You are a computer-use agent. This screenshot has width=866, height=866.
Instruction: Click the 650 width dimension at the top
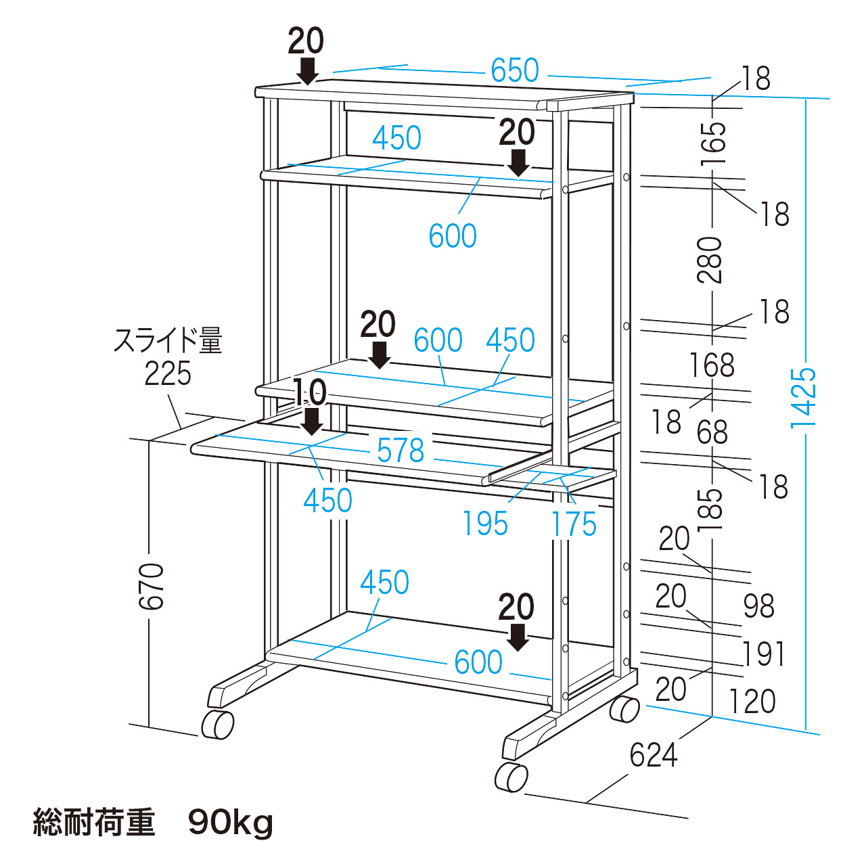click(x=515, y=70)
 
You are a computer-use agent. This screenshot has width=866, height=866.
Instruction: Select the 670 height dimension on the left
click(x=152, y=586)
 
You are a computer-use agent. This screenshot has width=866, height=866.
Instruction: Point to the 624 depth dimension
click(x=653, y=756)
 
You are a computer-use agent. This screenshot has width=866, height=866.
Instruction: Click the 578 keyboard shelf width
click(x=401, y=451)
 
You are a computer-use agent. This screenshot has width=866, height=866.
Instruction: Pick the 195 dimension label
click(x=484, y=524)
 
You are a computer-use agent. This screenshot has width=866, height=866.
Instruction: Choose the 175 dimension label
click(x=574, y=524)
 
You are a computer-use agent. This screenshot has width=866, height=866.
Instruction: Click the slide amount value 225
click(x=168, y=373)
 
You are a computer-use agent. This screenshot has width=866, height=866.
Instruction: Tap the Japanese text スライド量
click(x=168, y=341)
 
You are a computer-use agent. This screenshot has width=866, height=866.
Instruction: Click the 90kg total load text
click(x=231, y=823)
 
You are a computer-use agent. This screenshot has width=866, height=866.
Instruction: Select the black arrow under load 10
click(x=311, y=421)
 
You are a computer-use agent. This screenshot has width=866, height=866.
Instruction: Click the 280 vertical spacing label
click(x=711, y=260)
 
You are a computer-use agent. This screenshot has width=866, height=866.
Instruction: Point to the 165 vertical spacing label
click(x=713, y=143)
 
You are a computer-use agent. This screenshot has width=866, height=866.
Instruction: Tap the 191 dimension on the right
click(x=764, y=654)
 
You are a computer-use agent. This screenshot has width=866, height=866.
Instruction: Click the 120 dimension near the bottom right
click(x=752, y=702)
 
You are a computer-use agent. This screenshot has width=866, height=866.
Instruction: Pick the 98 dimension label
click(x=758, y=606)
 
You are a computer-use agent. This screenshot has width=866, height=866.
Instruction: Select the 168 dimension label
click(x=712, y=365)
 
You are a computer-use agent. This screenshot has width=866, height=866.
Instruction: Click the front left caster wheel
click(x=218, y=725)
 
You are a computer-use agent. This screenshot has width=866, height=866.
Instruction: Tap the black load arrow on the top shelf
click(x=308, y=70)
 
